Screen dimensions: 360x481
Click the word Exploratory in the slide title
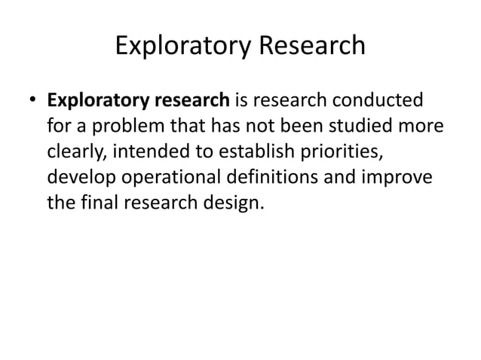click(x=181, y=47)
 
